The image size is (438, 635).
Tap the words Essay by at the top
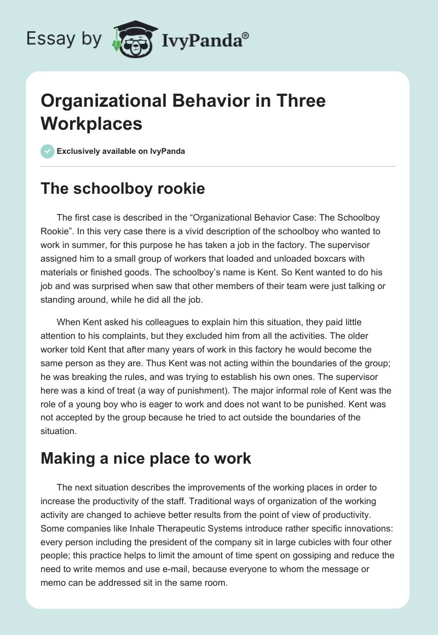click(64, 39)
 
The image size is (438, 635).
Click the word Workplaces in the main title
click(91, 123)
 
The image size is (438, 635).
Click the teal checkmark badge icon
click(48, 152)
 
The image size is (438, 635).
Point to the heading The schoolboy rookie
click(123, 189)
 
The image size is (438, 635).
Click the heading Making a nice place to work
click(146, 458)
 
